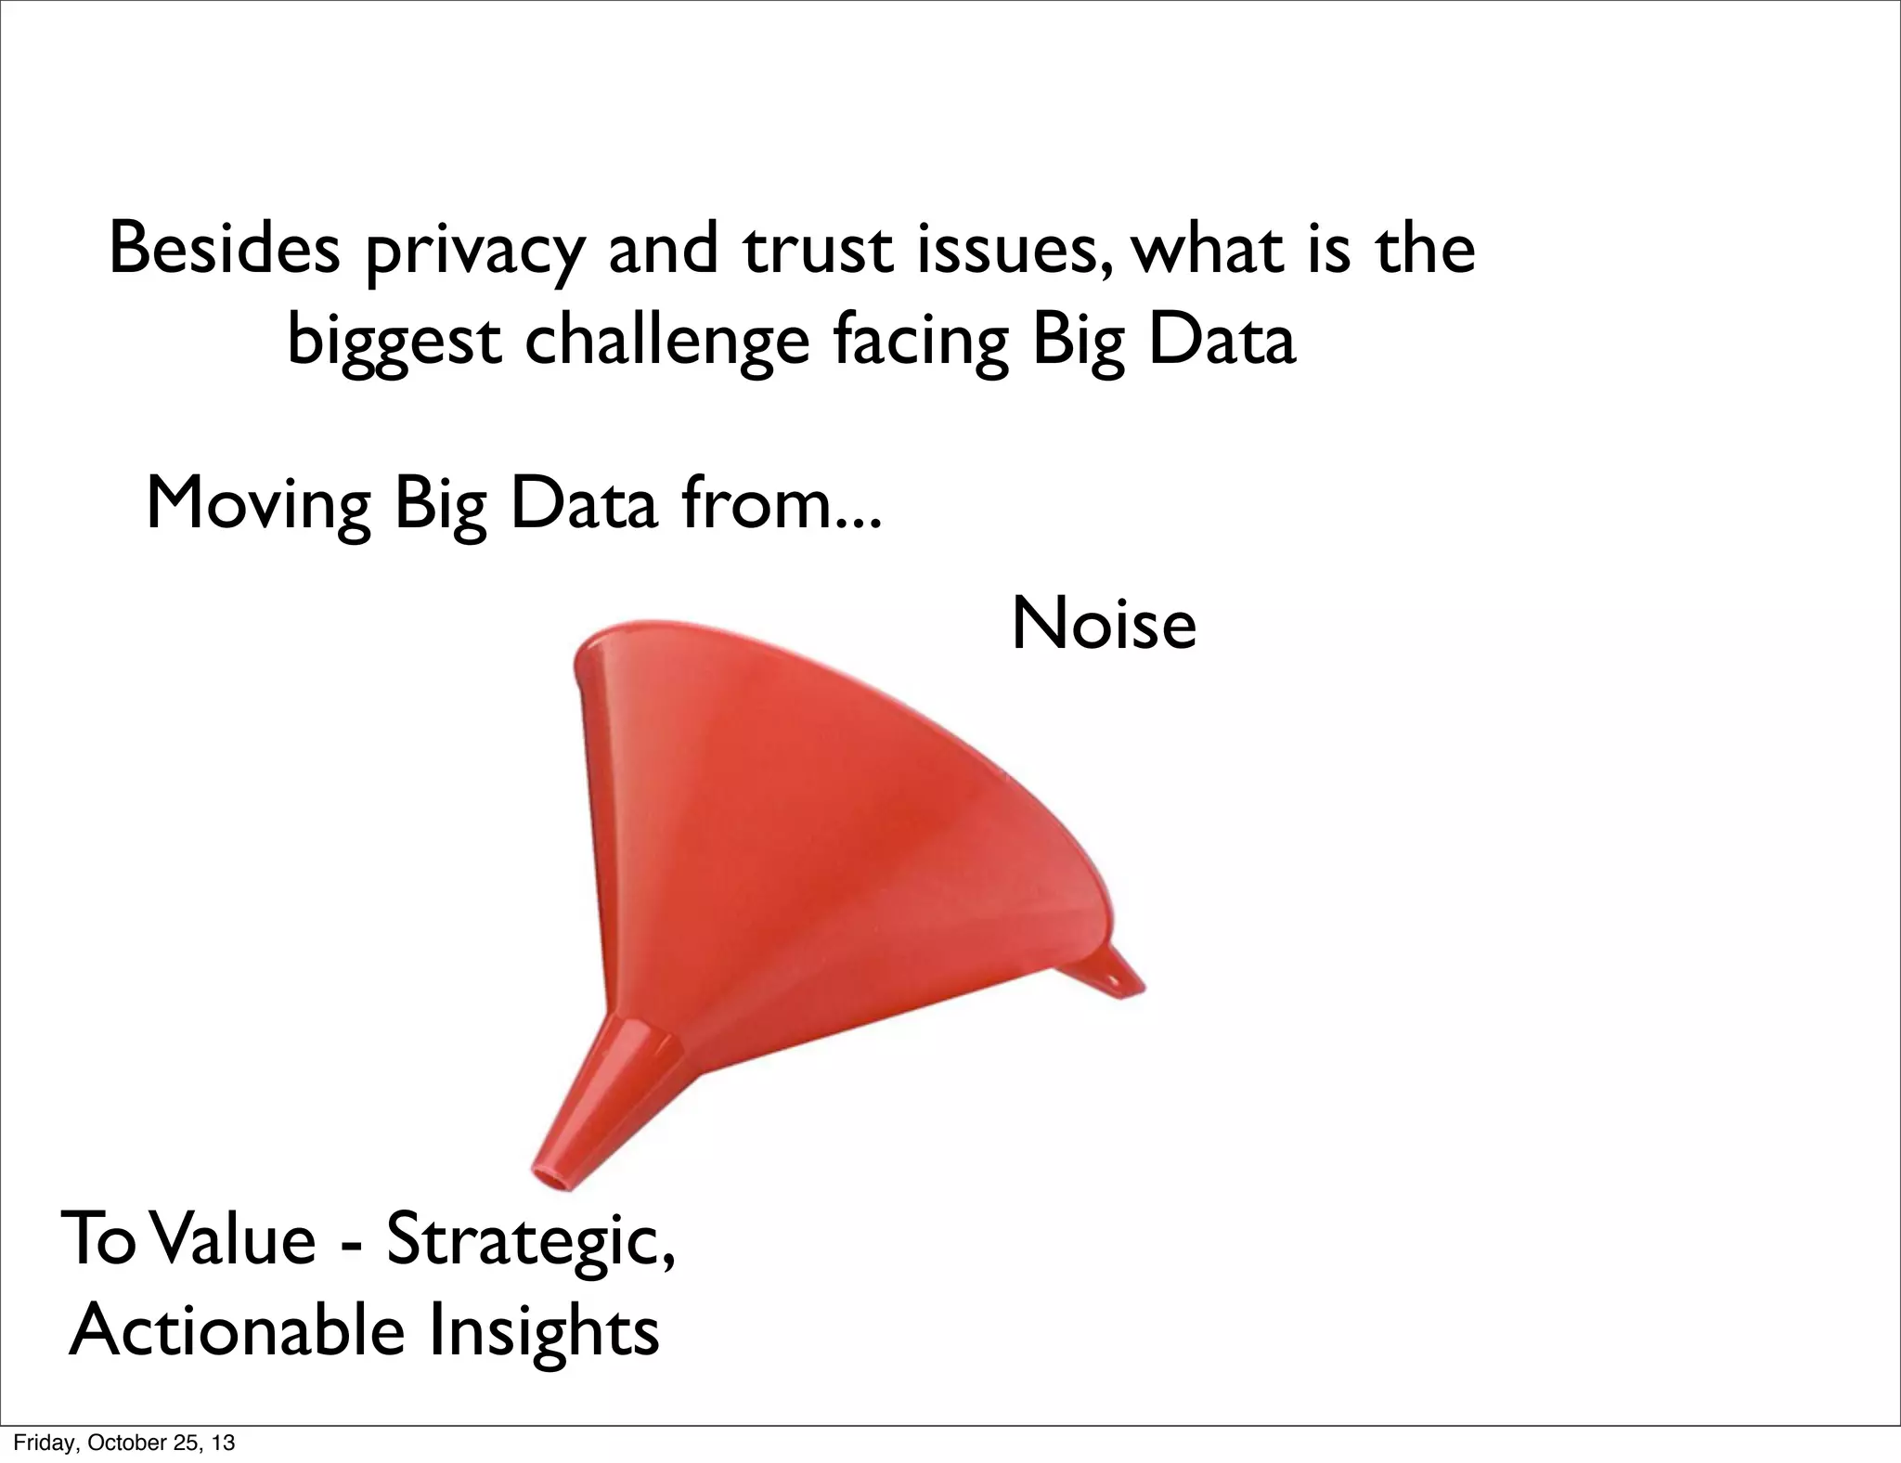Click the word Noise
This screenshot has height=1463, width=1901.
[1103, 624]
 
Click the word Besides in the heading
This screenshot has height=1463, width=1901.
[224, 249]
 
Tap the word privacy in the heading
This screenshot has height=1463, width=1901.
[476, 252]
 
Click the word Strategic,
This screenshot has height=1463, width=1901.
[529, 1240]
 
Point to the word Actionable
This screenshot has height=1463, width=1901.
[237, 1329]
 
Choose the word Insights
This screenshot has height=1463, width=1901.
[543, 1331]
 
